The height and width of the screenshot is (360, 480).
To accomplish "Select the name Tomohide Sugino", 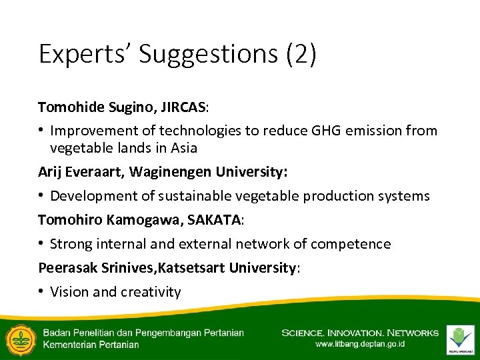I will (88, 107).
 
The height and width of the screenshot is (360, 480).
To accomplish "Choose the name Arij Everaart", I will (79, 172).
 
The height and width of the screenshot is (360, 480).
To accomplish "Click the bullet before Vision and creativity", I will (41, 292).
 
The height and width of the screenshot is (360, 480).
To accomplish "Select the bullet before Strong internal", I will (41, 244).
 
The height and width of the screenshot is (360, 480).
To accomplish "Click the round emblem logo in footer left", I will (19, 339).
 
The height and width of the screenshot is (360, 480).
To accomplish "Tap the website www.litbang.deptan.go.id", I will (359, 345).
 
